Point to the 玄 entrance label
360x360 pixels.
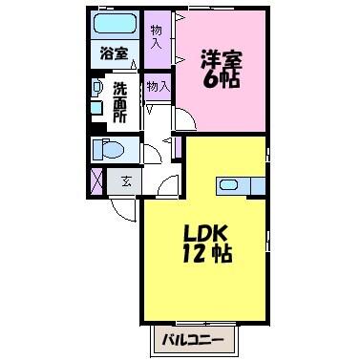[x=124, y=180]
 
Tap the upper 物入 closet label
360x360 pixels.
[x=157, y=37]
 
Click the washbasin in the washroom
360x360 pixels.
[x=96, y=87]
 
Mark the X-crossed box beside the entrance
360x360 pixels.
[x=96, y=180]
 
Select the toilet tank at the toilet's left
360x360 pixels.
[x=96, y=150]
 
